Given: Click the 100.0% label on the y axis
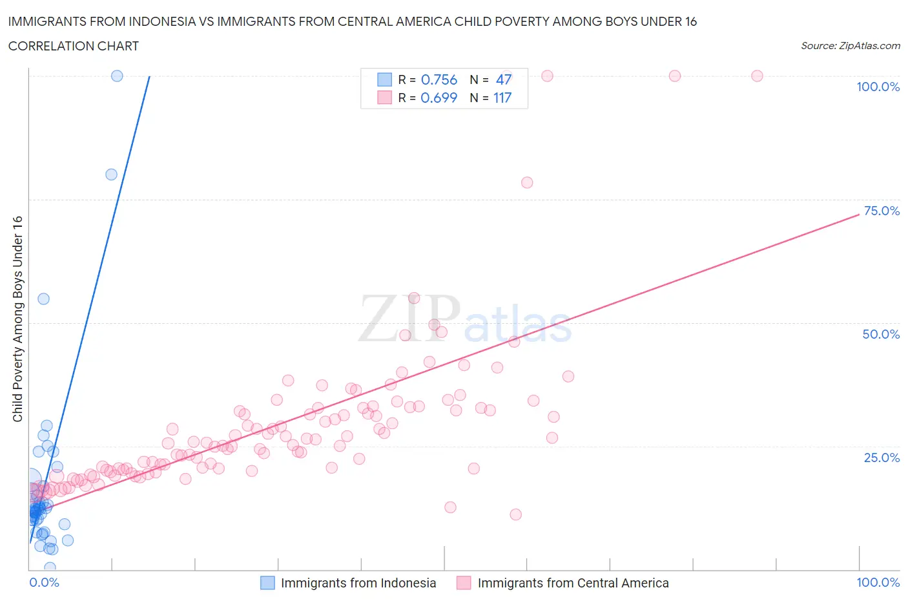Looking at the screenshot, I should [878, 87].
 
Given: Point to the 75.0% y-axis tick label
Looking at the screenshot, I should [882, 211].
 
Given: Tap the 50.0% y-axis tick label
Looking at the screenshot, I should [881, 334].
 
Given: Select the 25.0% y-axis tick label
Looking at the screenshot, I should [882, 458].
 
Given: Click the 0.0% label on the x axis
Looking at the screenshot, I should [44, 582].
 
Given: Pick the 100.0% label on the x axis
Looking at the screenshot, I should [878, 582].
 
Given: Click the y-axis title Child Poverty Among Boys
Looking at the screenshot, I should [18, 319].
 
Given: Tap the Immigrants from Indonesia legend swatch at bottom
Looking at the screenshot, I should [267, 583].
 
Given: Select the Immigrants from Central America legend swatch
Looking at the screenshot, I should [464, 583].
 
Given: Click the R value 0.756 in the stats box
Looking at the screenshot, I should [439, 79].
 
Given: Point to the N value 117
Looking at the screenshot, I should [502, 98].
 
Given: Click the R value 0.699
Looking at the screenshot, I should [439, 98].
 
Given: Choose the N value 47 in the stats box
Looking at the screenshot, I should [504, 79].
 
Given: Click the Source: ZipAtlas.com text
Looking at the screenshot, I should [850, 46].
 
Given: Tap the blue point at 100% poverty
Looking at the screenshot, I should [117, 76].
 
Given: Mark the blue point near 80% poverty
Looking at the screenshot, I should [111, 174].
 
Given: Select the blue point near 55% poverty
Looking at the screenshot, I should [43, 299].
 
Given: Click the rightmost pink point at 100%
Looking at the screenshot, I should [757, 76].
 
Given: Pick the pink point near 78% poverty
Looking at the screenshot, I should [527, 182].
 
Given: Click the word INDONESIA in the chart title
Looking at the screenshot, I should [158, 21].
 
